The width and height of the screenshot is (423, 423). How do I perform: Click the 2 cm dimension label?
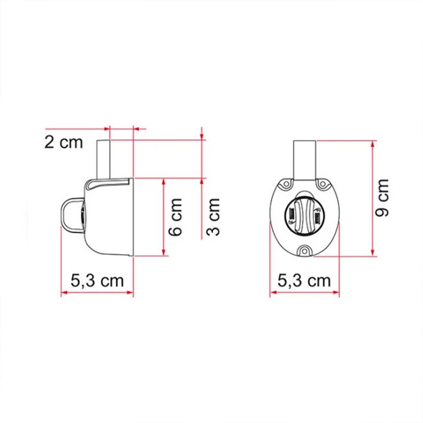64,142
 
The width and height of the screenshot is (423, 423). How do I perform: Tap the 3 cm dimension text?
214,218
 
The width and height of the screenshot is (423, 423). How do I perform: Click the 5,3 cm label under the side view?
97,281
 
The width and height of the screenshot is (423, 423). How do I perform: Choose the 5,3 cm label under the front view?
304,281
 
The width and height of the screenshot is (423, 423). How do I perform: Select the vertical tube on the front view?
305,158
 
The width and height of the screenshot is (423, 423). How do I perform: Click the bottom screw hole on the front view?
305,250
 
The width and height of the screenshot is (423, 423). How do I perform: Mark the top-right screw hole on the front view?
322,183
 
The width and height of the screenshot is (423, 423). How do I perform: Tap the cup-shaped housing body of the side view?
109,218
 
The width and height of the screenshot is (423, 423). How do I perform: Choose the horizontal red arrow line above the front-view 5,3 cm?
304,292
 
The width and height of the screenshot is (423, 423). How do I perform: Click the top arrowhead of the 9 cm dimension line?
373,143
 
